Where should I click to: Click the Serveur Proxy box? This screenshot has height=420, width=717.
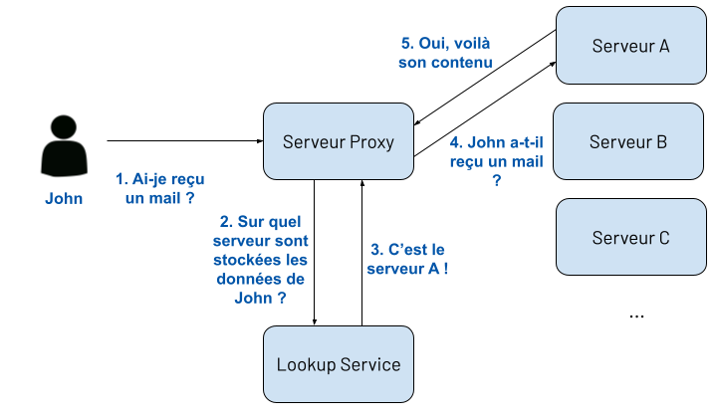(338, 141)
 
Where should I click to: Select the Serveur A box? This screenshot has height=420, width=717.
(629, 46)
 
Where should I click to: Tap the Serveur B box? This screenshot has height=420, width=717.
(627, 141)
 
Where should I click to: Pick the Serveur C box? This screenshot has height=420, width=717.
(629, 238)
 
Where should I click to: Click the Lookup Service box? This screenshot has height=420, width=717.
(338, 364)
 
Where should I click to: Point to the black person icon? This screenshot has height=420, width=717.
(64, 147)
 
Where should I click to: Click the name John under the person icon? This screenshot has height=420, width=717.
(64, 198)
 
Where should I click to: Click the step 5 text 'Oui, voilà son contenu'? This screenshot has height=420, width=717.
(446, 53)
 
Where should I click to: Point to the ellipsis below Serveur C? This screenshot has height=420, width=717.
(637, 315)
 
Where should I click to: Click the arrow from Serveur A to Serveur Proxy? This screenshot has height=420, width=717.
(485, 78)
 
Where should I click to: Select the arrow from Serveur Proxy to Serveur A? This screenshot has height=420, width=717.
(485, 108)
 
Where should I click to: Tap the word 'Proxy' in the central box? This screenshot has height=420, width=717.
(371, 141)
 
